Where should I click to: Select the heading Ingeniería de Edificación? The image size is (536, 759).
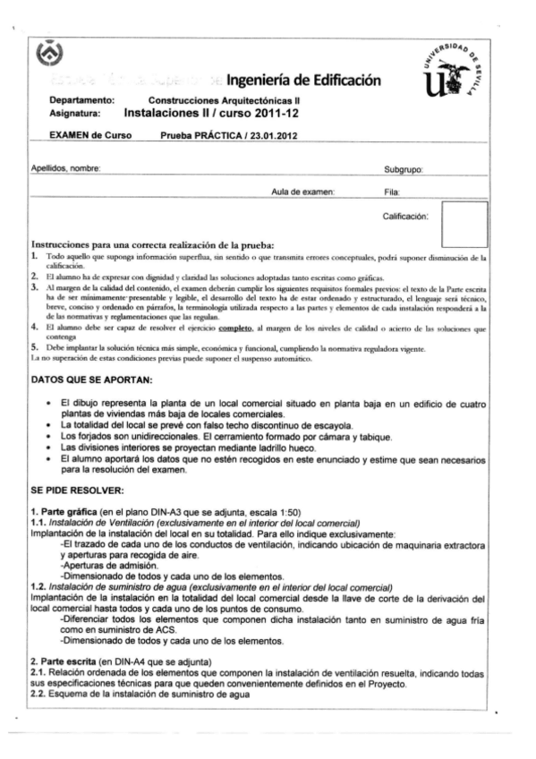click(305, 83)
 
